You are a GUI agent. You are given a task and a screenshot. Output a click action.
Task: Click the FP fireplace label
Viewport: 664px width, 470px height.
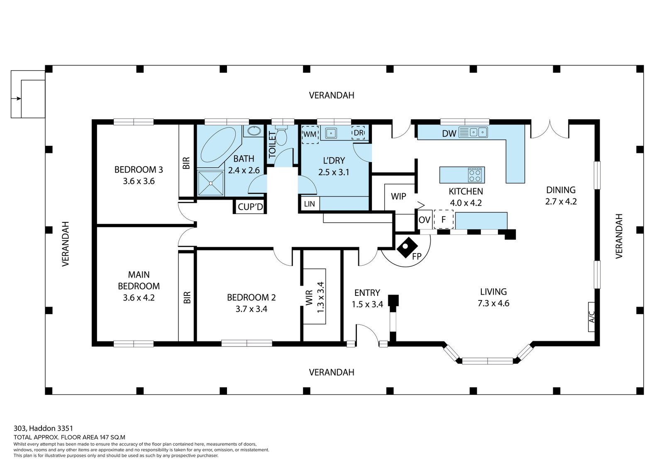(x=417, y=256)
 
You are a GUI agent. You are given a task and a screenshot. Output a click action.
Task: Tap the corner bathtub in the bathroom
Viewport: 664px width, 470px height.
(x=219, y=145)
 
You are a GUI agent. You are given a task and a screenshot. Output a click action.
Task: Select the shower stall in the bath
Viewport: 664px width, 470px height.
(x=210, y=184)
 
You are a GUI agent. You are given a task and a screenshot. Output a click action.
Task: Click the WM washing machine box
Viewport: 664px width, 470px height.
(x=310, y=135)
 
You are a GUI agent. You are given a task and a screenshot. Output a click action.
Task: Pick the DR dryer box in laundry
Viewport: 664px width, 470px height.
(x=359, y=133)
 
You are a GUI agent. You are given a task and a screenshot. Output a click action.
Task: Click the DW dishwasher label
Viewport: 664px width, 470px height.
(x=449, y=134)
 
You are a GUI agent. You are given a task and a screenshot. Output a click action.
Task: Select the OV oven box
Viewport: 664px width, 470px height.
(x=425, y=220)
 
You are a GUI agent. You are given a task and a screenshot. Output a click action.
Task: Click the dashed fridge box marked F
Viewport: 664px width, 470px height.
(x=444, y=219)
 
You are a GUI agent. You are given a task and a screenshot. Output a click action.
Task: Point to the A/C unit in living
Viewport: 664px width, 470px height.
(x=591, y=317)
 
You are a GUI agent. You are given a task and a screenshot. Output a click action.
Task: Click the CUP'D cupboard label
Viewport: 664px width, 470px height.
(x=251, y=207)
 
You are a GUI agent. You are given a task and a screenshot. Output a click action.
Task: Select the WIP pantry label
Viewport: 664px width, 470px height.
(x=398, y=196)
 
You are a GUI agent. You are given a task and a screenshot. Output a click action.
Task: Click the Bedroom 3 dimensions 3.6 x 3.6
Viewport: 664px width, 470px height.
(x=139, y=181)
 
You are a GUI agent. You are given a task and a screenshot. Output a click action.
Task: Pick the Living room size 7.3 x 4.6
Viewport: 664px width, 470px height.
(x=493, y=303)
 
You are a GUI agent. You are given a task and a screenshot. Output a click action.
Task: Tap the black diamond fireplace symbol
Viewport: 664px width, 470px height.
(x=407, y=248)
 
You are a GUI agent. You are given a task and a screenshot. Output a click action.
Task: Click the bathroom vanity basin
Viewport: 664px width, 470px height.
(x=254, y=130)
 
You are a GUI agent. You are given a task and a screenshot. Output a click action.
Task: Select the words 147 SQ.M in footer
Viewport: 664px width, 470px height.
(x=112, y=437)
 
